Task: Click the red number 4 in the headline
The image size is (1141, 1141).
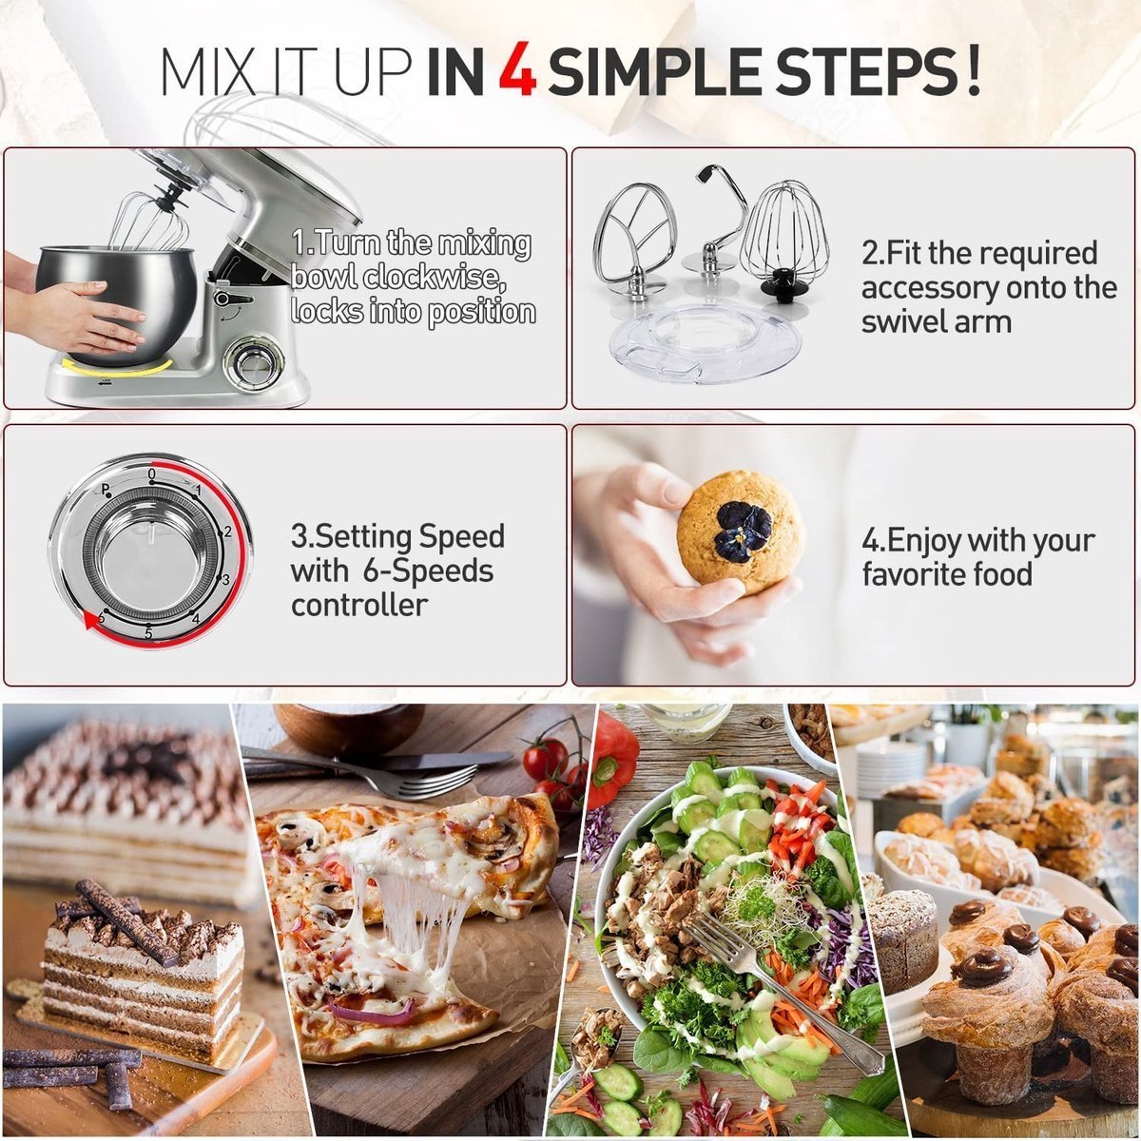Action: [x=518, y=71]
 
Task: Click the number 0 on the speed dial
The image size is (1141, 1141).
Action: [x=152, y=473]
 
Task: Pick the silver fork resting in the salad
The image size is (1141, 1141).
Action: [x=780, y=989]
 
